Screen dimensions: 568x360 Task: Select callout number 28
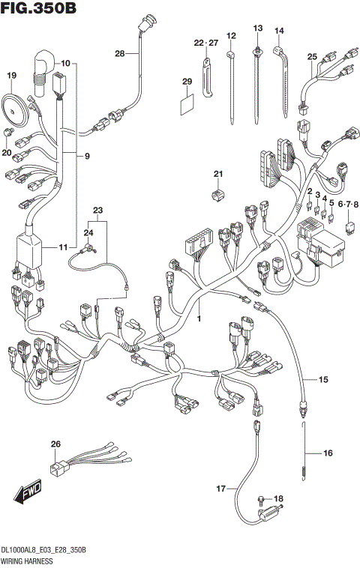coord(120,53)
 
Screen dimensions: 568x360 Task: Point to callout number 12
coord(231,35)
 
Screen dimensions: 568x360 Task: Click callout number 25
coord(313,56)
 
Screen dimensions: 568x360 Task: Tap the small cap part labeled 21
coord(217,196)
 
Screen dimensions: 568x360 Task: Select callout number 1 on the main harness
coord(199,319)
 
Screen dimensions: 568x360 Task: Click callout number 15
coord(323,381)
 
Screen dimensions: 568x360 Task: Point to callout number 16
coord(327,453)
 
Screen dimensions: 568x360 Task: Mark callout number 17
coord(220,489)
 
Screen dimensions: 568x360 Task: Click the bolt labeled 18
coord(260,500)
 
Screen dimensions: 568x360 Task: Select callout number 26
coord(55,445)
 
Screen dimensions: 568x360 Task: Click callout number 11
coord(63,247)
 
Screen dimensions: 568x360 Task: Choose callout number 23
coord(97,211)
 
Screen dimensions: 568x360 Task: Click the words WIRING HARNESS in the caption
coord(28,560)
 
